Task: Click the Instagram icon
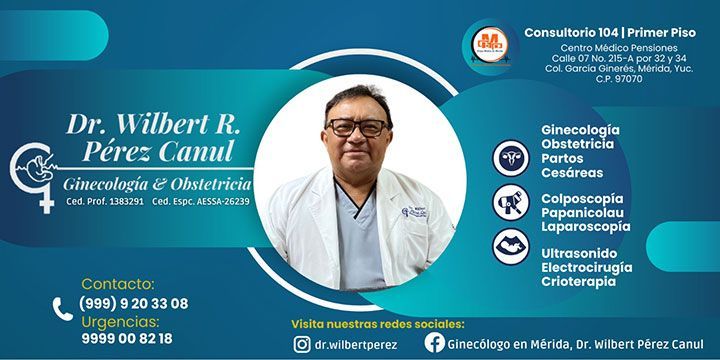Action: (x=301, y=343)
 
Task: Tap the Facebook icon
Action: (x=434, y=343)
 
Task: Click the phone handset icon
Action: (x=63, y=310)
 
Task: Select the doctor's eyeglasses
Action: (x=358, y=127)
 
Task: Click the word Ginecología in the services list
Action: (x=580, y=130)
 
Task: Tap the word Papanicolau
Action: (x=582, y=213)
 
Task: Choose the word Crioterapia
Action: (x=579, y=281)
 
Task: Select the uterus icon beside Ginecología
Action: (x=511, y=158)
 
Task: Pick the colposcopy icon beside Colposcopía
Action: (x=511, y=203)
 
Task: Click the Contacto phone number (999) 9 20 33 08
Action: (x=133, y=303)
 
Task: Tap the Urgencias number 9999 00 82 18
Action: (x=126, y=338)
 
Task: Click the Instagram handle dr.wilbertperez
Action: (x=355, y=344)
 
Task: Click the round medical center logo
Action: (x=489, y=44)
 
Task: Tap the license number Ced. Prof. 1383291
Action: (x=104, y=201)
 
